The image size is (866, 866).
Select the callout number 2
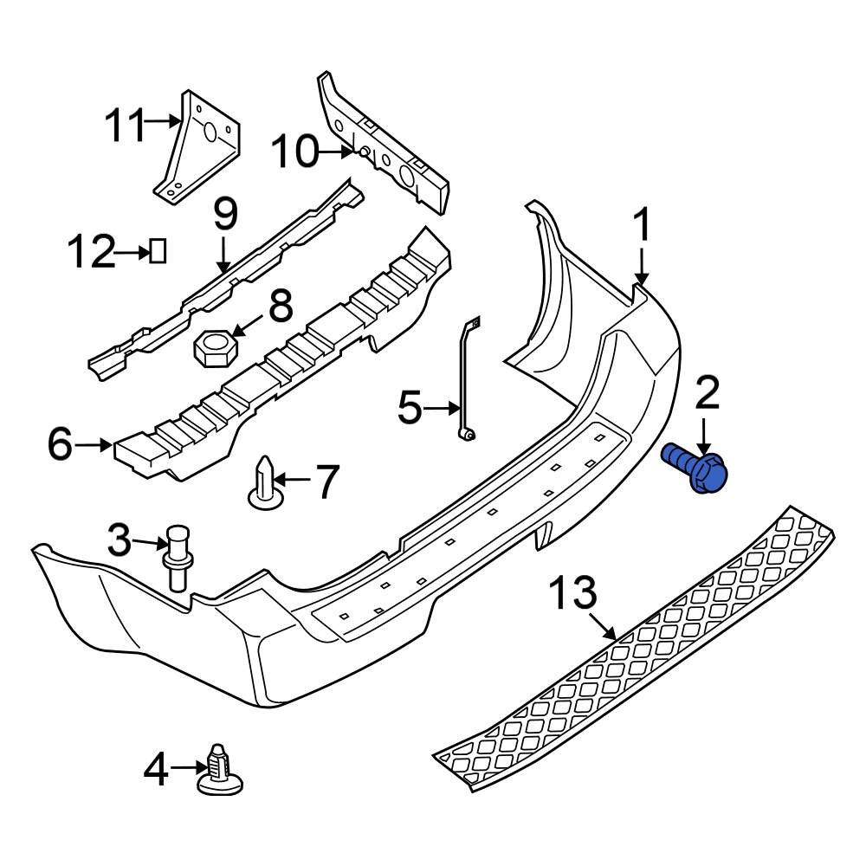(707, 395)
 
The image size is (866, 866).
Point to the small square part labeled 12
(158, 251)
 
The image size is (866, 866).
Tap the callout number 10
(294, 153)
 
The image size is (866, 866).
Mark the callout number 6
(60, 445)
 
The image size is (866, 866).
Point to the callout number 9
(223, 213)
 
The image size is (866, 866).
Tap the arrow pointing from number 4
(187, 766)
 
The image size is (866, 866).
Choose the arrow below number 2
(705, 433)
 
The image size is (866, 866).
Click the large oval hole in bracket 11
(209, 132)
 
